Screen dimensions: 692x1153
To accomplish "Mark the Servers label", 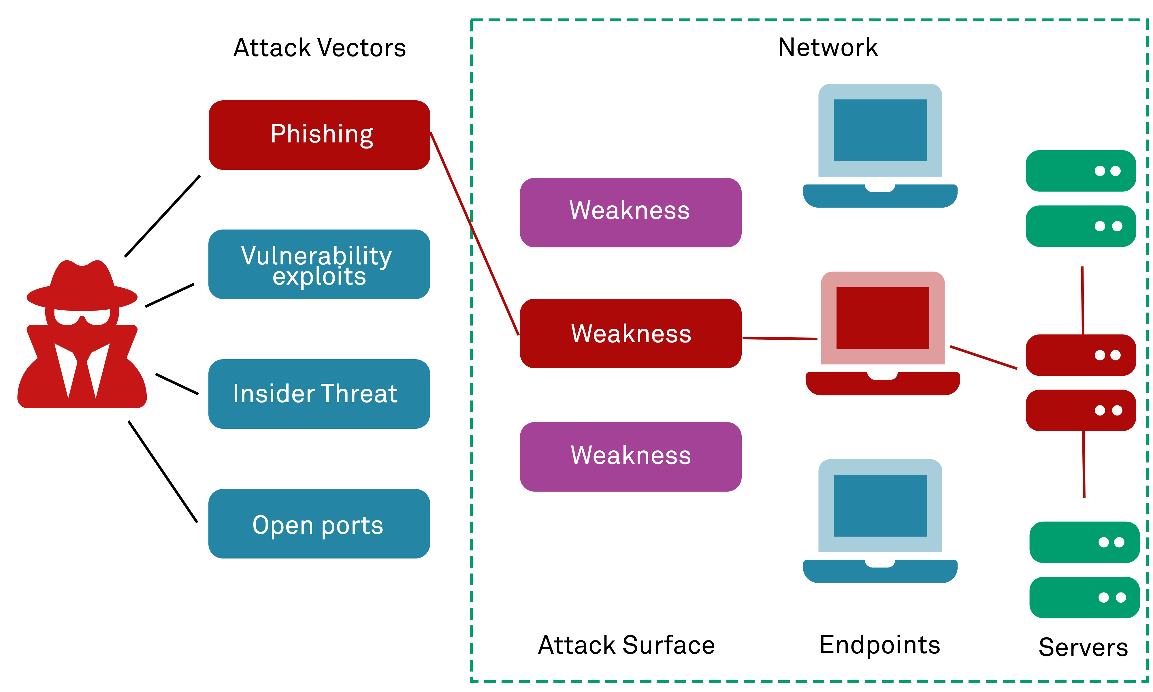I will click(1083, 647).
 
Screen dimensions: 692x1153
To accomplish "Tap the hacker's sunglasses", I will click(82, 317).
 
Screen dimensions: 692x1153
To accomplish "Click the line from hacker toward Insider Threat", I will click(177, 384).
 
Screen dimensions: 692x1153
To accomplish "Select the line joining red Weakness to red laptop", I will click(779, 339).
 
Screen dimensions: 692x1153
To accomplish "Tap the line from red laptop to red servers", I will click(983, 357).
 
